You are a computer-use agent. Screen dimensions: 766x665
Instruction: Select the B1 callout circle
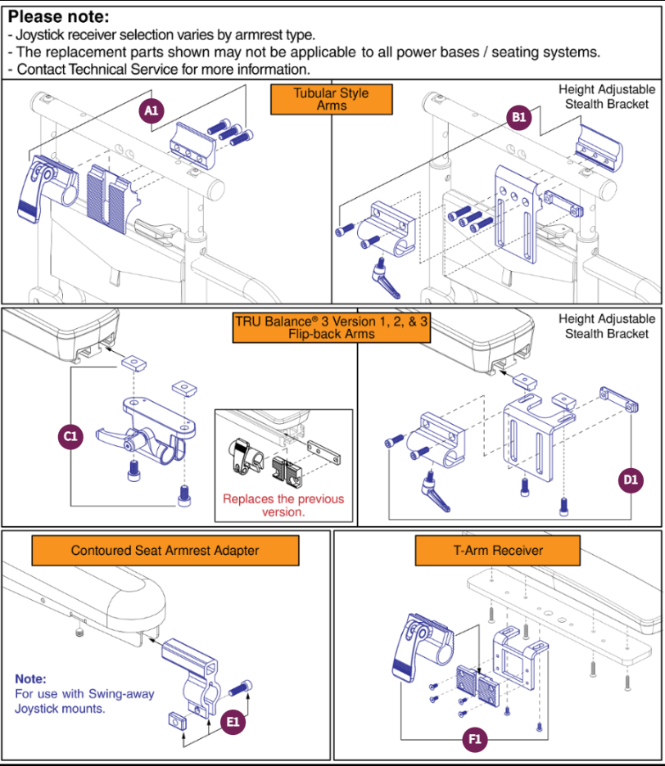[519, 118]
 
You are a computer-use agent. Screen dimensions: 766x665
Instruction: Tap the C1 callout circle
[70, 437]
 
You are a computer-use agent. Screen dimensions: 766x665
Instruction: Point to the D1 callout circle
[629, 480]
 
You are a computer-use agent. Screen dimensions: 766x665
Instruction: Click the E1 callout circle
[233, 722]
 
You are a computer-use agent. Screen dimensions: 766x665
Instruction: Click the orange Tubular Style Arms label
[331, 99]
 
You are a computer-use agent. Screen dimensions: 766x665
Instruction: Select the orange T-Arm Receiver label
[498, 551]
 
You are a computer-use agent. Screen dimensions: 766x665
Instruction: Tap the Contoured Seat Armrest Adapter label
[165, 551]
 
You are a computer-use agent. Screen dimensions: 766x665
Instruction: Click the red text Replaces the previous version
[283, 505]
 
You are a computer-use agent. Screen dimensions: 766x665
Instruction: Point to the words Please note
[58, 16]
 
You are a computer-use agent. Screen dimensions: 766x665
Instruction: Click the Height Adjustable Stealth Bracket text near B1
[606, 97]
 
